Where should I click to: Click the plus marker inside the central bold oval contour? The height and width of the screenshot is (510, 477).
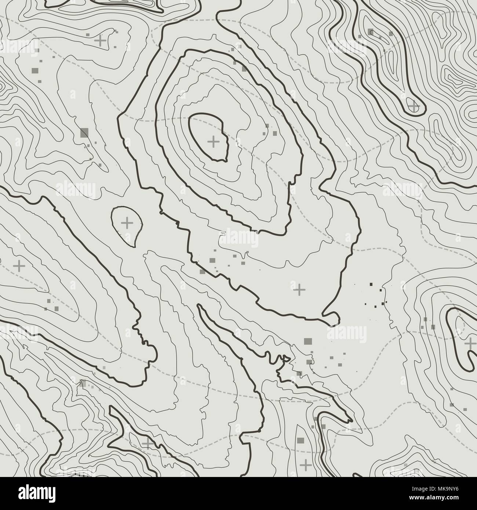click(213, 141)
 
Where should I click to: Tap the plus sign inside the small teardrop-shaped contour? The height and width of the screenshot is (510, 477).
click(127, 223)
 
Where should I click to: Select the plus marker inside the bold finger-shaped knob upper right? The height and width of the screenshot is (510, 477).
click(414, 107)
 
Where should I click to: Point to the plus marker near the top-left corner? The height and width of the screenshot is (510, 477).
click(100, 40)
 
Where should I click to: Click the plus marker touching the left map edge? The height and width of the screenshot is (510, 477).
click(18, 265)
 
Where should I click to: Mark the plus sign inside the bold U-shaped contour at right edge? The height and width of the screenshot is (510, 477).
click(470, 344)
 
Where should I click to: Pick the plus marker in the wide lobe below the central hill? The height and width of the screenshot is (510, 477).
click(299, 290)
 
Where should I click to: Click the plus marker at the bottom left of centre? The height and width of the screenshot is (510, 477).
click(148, 444)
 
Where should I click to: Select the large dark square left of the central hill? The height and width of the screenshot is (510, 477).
click(84, 132)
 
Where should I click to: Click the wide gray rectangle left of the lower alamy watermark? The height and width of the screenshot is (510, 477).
click(307, 341)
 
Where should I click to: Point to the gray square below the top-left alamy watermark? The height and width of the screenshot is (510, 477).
click(35, 70)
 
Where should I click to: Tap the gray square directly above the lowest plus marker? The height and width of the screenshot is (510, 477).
click(301, 440)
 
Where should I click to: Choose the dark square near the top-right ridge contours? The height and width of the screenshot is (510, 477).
click(371, 32)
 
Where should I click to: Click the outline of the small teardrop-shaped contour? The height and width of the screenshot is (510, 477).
click(112, 220)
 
